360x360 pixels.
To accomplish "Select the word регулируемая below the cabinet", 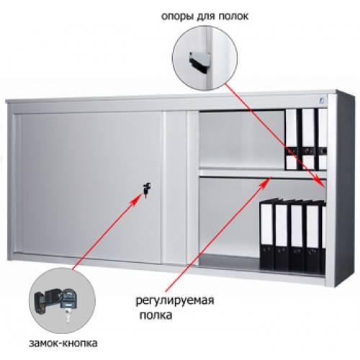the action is point(175,300).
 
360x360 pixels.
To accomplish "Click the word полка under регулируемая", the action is point(156,315).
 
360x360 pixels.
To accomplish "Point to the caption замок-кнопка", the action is point(63,343).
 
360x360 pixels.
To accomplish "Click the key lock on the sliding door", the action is point(147,189).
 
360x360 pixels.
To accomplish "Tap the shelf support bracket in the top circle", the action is point(199,60).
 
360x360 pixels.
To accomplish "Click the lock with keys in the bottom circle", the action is point(55,302).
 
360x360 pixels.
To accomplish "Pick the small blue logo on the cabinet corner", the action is point(322,100).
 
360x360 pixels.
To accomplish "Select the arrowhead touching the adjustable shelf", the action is point(266,181).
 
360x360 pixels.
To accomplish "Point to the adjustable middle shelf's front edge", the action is point(263,174).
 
